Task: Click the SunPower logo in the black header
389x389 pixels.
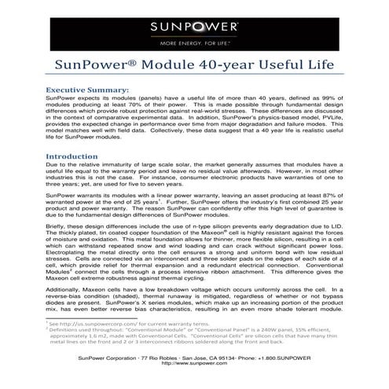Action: (x=195, y=28)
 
